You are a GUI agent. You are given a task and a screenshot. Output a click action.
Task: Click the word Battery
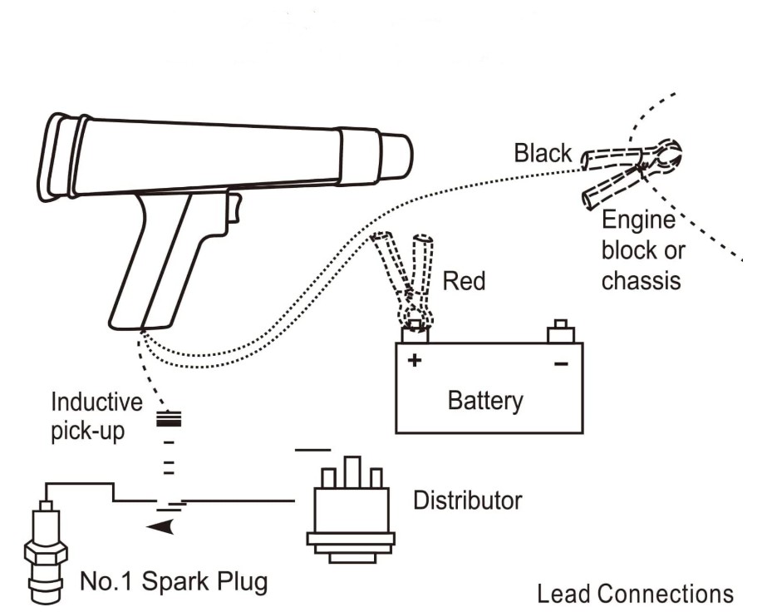coord(485,401)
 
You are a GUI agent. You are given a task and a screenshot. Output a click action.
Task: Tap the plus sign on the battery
coord(415,360)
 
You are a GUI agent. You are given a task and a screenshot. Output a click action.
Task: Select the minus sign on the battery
coord(561,364)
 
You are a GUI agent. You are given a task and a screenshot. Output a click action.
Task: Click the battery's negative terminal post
coord(561,331)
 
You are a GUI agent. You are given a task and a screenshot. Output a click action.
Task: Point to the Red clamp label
coord(464,281)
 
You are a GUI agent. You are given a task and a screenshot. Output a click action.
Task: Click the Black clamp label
coord(543,153)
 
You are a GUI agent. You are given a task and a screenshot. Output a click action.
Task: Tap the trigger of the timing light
coord(234,208)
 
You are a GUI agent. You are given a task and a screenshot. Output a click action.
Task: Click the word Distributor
coord(467,501)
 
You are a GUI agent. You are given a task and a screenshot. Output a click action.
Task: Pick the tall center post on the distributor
coord(352,472)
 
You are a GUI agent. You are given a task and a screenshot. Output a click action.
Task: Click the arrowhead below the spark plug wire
coord(160,526)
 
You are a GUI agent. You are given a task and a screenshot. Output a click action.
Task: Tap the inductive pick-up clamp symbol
coord(169,419)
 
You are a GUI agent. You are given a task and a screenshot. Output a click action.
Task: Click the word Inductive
coord(96,402)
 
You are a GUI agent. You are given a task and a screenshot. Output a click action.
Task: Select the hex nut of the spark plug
coord(46,553)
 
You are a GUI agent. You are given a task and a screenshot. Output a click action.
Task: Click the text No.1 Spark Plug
coord(174,582)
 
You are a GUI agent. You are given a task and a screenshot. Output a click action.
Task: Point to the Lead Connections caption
coord(635,595)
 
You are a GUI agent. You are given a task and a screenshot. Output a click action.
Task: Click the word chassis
coord(641,281)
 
